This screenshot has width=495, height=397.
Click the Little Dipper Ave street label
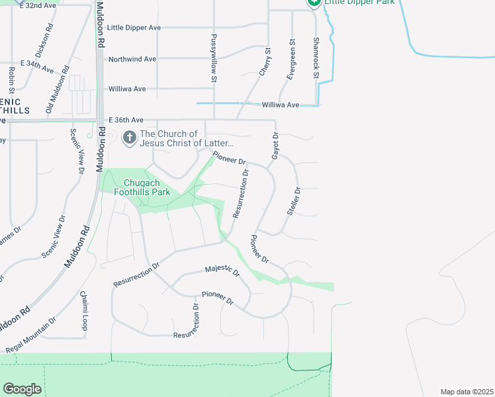(134, 28)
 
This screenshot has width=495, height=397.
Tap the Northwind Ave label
(132, 59)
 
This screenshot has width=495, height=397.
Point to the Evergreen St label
(291, 59)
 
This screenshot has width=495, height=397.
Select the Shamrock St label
(316, 56)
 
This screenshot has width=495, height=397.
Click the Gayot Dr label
(275, 146)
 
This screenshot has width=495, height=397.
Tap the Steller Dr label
(294, 200)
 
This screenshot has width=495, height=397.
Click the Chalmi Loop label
(84, 310)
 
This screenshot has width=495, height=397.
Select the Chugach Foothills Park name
(147, 188)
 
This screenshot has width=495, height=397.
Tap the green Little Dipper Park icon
(313, 3)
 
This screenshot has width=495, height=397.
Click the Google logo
(22, 388)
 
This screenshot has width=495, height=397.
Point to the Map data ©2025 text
(467, 392)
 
